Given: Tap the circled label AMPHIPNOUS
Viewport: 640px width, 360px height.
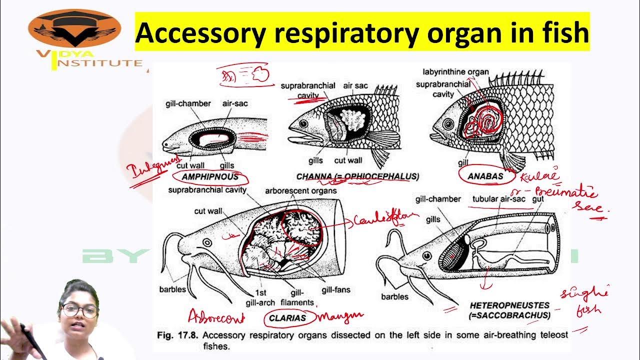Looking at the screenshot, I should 209,177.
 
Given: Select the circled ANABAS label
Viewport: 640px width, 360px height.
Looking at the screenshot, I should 485,176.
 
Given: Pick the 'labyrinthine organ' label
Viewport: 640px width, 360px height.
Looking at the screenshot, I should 455,72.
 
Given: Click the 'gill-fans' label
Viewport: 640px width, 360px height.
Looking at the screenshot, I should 334,289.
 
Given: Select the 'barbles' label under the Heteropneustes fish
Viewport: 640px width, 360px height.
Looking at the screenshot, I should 394,296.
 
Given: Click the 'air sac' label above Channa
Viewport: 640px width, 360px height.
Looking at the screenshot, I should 355,85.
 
